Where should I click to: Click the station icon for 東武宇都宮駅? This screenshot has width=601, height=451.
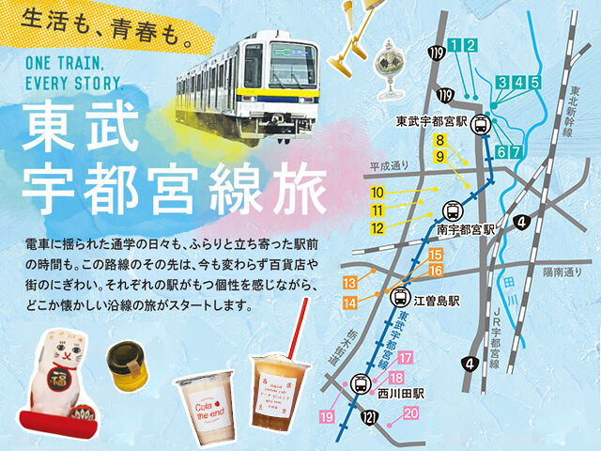[481, 122]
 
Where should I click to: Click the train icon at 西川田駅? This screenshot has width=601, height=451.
[360, 383]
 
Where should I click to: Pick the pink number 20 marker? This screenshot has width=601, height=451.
[411, 412]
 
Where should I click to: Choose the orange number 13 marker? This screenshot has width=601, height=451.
[350, 283]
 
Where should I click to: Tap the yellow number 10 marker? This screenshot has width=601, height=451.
[378, 193]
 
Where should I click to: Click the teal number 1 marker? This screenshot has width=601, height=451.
[455, 45]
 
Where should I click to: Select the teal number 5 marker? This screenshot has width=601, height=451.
[534, 82]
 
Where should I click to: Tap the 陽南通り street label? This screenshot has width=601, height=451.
[562, 269]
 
